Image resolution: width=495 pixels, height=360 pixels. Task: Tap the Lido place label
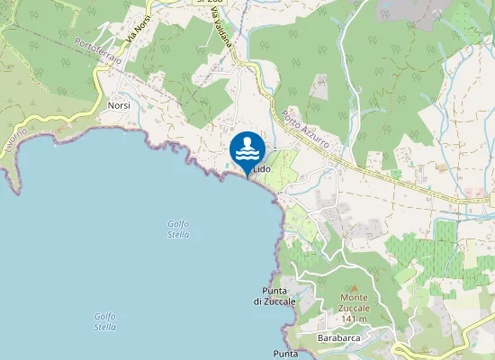click(262, 168)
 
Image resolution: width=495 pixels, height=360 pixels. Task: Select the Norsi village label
click(119, 105)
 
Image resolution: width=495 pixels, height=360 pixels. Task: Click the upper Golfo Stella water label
click(178, 229)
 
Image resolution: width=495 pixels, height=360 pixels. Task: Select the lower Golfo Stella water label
click(105, 320)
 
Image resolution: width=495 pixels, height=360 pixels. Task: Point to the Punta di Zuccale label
click(274, 296)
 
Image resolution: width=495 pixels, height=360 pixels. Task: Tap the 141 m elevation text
click(354, 319)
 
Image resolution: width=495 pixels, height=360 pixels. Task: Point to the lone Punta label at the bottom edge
click(285, 354)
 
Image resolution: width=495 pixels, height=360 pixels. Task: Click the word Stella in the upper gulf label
click(178, 234)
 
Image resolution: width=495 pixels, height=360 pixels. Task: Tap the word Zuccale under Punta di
click(274, 301)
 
